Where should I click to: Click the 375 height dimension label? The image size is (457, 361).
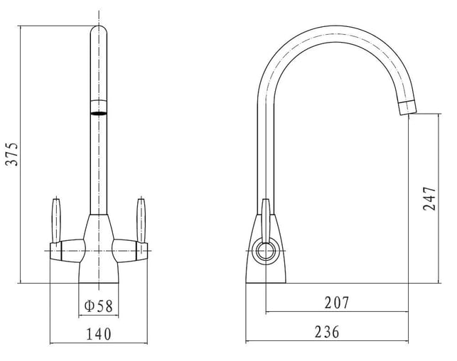coord(12,154)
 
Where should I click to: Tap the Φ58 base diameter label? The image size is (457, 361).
coord(99,306)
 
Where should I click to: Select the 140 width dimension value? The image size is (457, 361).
coord(99,334)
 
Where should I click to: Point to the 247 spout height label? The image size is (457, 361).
coord(429,199)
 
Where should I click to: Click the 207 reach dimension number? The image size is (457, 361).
coord(337,303)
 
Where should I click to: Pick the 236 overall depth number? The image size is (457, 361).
coord(327,332)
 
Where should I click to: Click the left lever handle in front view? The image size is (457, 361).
coord(56,220)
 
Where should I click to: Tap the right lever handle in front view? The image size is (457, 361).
coord(141,220)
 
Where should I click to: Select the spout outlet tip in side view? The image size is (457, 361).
coord(408,107)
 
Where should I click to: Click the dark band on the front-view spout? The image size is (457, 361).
coord(99,113)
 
